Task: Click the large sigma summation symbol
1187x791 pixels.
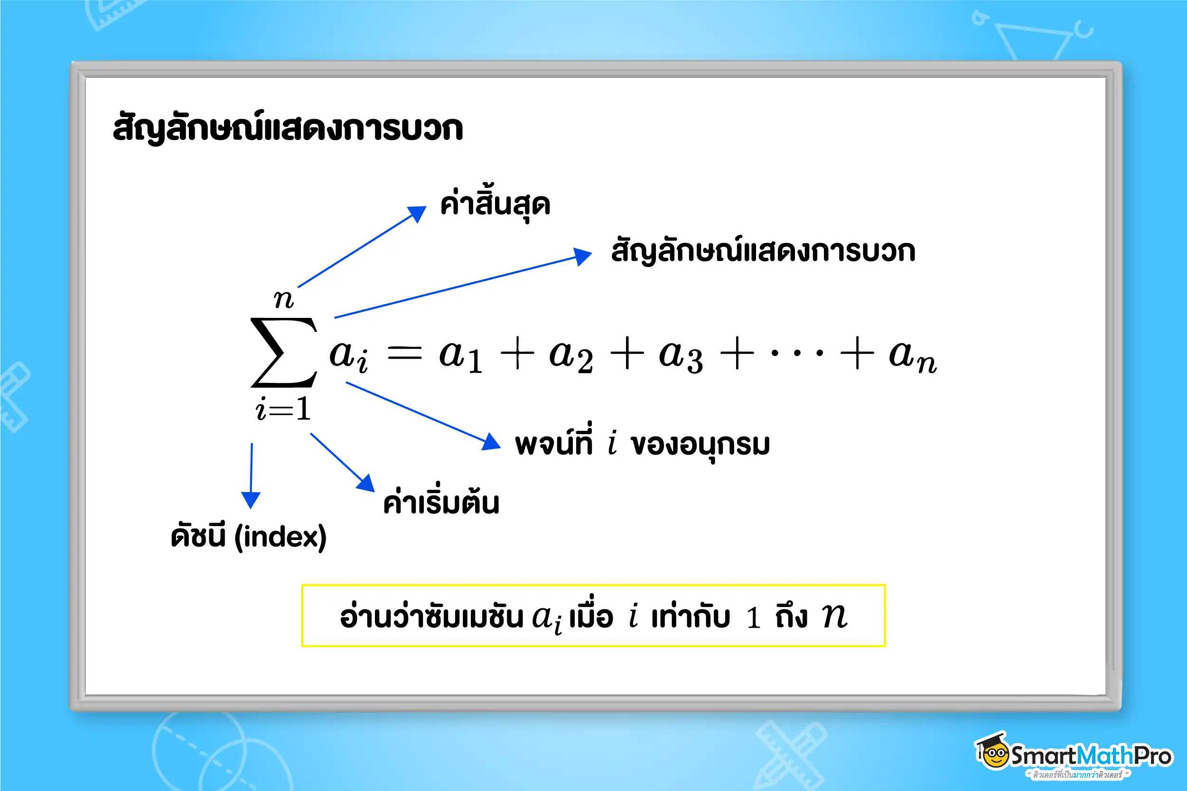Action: tap(283, 353)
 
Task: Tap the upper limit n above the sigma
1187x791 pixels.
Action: tap(283, 300)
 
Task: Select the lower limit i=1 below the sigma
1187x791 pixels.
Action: tap(283, 409)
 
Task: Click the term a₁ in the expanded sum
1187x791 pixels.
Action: tap(460, 356)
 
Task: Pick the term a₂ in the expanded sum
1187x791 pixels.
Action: tap(570, 356)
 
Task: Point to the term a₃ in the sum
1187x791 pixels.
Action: tap(681, 356)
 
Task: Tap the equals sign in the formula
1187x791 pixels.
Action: tap(404, 353)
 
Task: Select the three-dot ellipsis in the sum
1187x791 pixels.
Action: tap(797, 353)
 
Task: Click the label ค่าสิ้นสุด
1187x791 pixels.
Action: tap(495, 205)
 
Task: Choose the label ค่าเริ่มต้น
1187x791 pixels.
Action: tap(441, 502)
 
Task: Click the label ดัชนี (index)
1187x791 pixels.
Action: tap(249, 536)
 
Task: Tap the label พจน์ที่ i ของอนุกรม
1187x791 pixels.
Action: tap(642, 444)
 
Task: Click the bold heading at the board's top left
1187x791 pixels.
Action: tap(288, 128)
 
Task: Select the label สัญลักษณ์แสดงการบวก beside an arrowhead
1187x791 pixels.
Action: tap(763, 251)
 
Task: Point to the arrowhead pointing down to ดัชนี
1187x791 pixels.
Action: tap(251, 500)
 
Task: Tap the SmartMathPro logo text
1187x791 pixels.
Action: tap(1091, 756)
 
